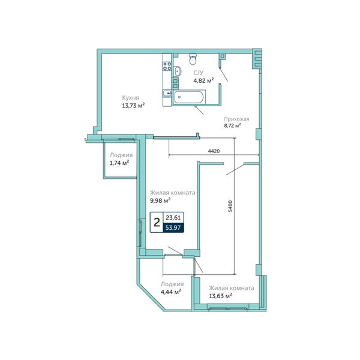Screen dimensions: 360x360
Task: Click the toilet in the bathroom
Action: pos(193,59)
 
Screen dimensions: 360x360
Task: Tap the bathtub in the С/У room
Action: pos(189,97)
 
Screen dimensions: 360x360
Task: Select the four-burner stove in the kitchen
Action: pos(167,66)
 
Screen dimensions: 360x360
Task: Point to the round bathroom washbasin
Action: pos(177,71)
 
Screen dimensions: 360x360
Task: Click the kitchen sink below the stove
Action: pos(167,93)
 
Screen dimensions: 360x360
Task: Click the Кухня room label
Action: pos(130,98)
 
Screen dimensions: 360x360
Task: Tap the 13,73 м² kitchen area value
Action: pos(133,106)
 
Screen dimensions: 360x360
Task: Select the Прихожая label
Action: pos(236,119)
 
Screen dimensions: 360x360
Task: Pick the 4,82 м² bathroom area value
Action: pos(203,80)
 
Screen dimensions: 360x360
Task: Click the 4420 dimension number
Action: pos(214,151)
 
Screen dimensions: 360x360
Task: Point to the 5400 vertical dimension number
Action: pos(230,206)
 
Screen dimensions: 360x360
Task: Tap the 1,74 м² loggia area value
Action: pos(119,163)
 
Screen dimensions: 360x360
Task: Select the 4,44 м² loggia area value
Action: pos(171,292)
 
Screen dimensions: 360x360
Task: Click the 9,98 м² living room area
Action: pos(160,200)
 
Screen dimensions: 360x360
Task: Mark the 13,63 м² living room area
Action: pos(220,296)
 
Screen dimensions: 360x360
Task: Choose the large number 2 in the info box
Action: pos(157,223)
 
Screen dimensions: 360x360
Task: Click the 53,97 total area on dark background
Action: pos(173,228)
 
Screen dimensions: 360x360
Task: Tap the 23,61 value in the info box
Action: pos(173,217)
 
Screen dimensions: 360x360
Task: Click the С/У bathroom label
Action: pos(199,73)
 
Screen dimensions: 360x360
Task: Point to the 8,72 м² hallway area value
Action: pos(232,125)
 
